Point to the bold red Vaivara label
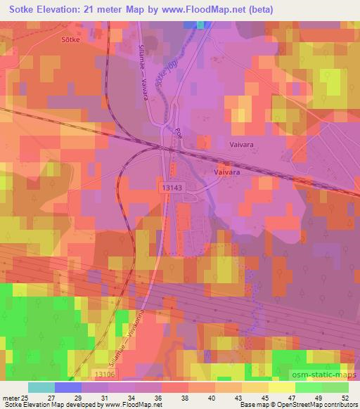click(x=229, y=171)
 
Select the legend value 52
click(x=344, y=398)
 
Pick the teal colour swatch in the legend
click(x=41, y=387)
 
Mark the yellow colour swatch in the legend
click(x=281, y=387)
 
